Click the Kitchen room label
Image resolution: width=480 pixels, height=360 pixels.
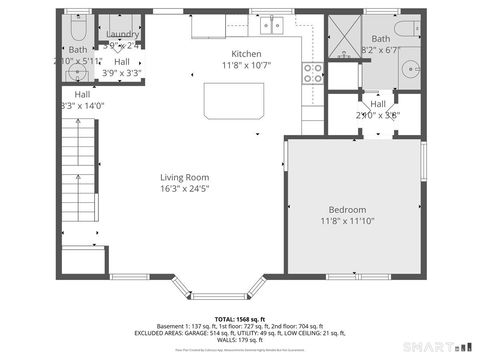(x=246, y=54)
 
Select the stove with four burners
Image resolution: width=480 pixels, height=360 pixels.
(x=313, y=72)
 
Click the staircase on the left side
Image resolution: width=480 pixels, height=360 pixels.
(x=78, y=180)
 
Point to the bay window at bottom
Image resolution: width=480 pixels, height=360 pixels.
(x=217, y=293)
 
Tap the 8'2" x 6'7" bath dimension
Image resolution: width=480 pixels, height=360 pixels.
(x=381, y=49)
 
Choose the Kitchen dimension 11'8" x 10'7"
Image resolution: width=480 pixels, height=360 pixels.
(x=246, y=65)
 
